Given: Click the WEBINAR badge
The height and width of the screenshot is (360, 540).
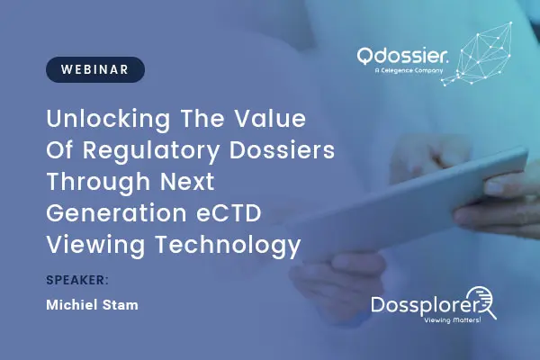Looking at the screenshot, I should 94,69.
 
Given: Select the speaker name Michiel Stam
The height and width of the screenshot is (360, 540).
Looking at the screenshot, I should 92,305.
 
